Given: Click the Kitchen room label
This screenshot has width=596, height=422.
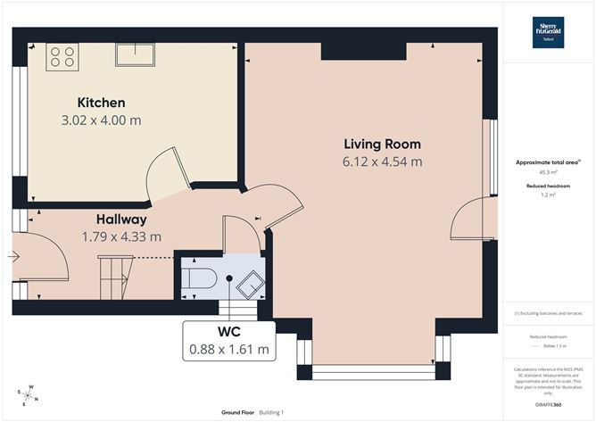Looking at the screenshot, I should point(101,103).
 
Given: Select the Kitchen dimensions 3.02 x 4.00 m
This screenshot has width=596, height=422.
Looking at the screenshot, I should point(101,120).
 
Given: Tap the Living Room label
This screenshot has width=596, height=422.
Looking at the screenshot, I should point(382,144).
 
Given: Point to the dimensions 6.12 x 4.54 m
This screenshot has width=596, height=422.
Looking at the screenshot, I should point(382,161).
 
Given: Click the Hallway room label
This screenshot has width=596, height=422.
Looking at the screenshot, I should point(121,219).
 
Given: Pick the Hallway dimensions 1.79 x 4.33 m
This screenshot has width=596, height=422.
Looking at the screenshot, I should point(121,236).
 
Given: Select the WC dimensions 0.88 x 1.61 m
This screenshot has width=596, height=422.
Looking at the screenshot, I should point(230,349).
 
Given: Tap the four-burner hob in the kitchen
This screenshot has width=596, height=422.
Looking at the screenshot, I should point(62,56).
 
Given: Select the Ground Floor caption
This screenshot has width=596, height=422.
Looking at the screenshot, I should point(240,412).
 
